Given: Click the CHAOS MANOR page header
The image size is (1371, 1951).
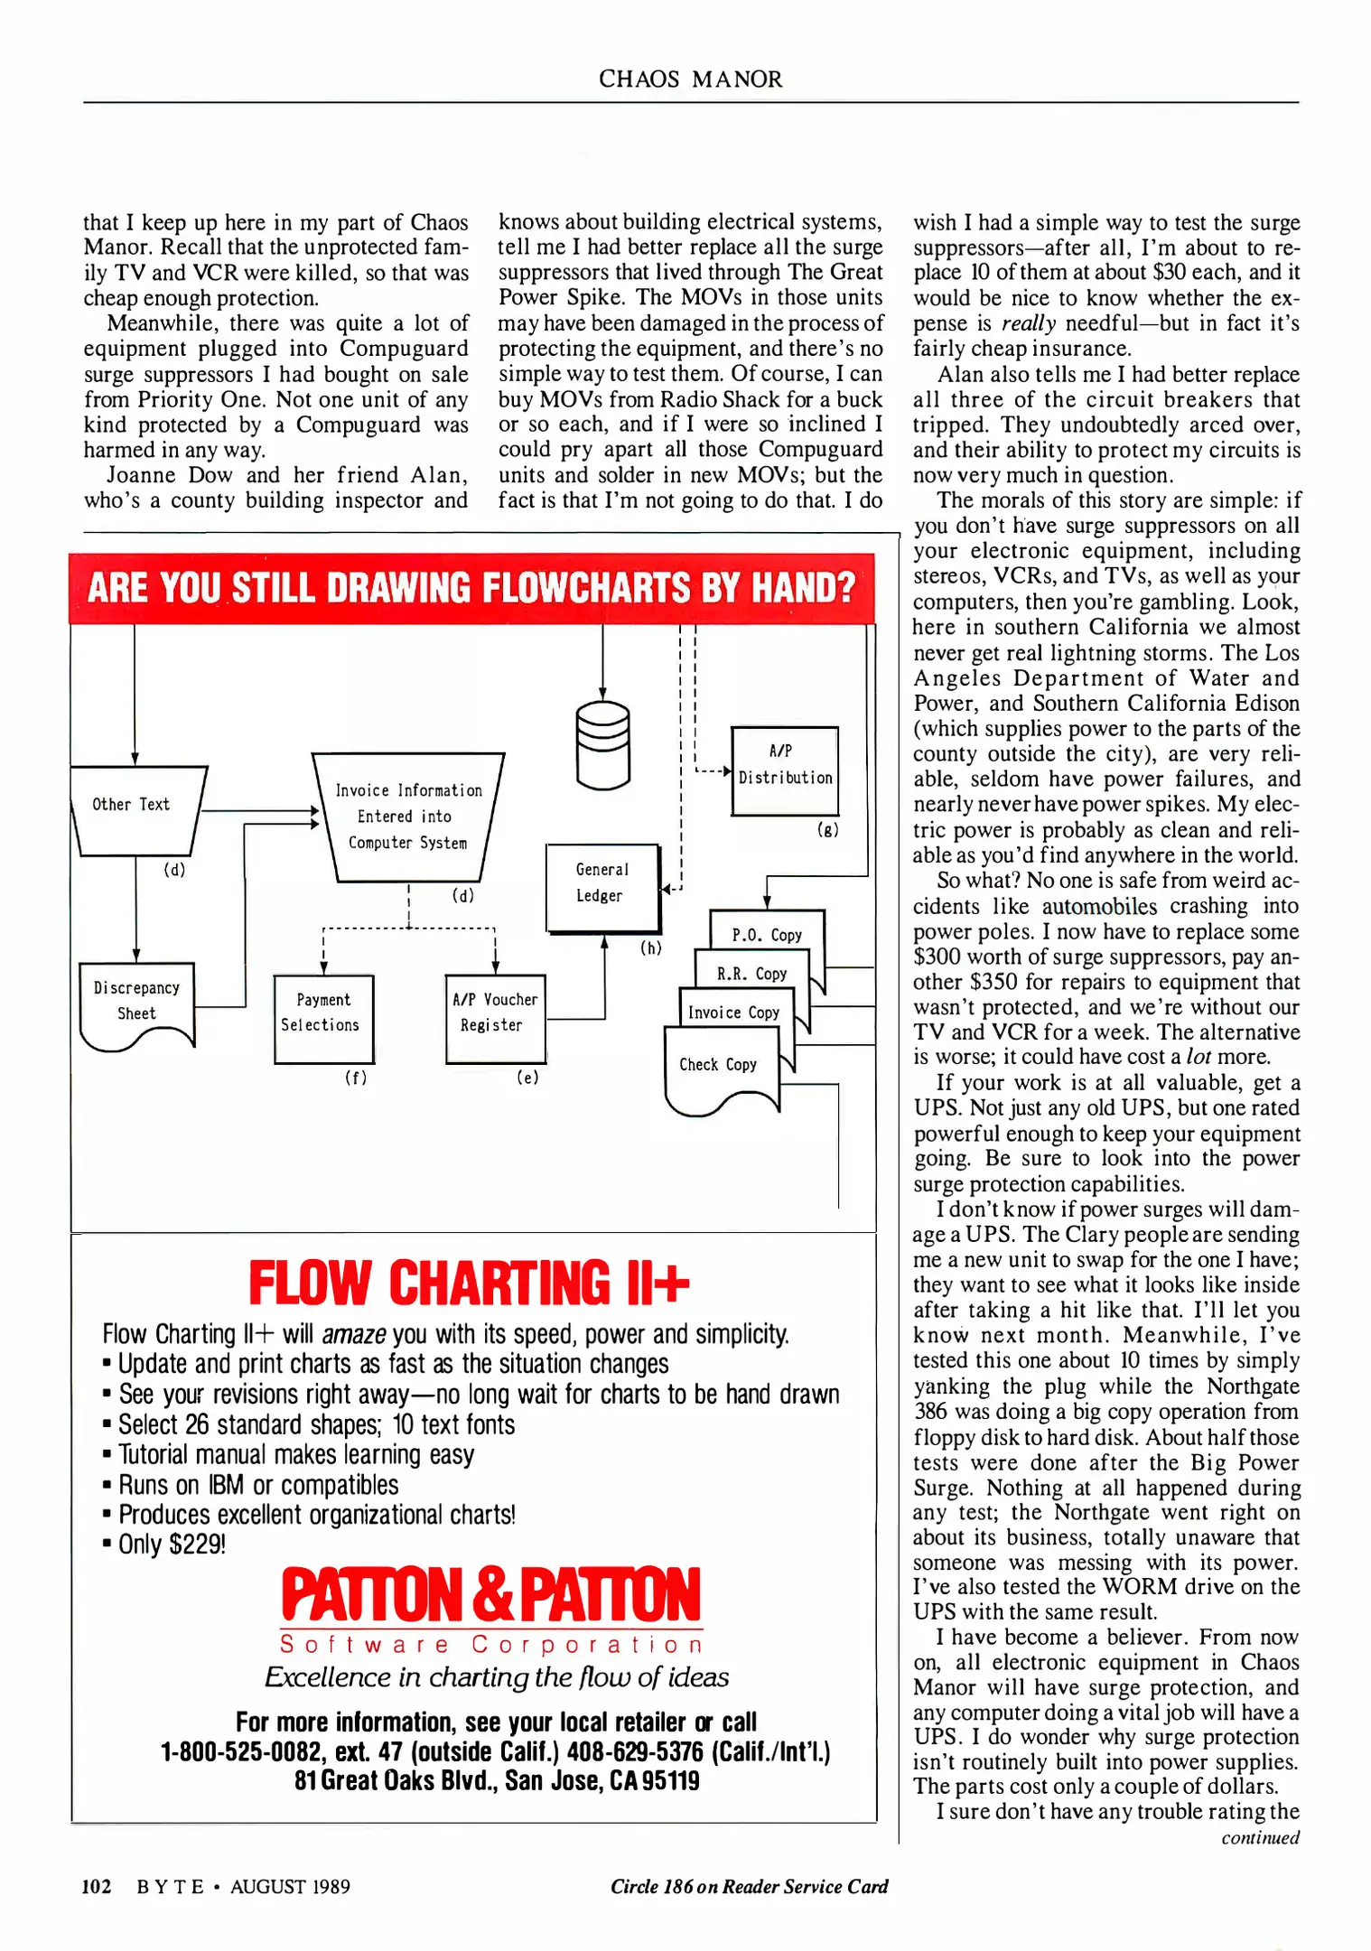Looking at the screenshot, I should pyautogui.click(x=690, y=79).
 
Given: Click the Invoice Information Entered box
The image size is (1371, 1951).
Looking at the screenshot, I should pyautogui.click(x=408, y=817).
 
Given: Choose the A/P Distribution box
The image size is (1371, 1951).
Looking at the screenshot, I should pyautogui.click(x=784, y=770).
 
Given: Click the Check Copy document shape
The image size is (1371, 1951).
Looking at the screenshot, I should pyautogui.click(x=720, y=1070).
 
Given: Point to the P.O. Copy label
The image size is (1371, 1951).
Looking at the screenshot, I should pyautogui.click(x=767, y=935).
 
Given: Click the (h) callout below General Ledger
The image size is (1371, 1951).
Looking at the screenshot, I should pyautogui.click(x=651, y=948).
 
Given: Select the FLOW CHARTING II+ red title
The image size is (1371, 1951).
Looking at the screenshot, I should pyautogui.click(x=469, y=1283).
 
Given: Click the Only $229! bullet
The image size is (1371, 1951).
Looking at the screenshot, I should pyautogui.click(x=172, y=1545).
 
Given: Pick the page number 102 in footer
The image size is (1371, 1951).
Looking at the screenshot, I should pyautogui.click(x=97, y=1887).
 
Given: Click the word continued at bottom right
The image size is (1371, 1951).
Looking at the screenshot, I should pyautogui.click(x=1260, y=1838).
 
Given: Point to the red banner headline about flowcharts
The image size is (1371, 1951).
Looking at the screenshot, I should pyautogui.click(x=471, y=588).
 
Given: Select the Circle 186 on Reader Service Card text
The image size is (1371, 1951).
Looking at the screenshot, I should pyautogui.click(x=749, y=1887).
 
